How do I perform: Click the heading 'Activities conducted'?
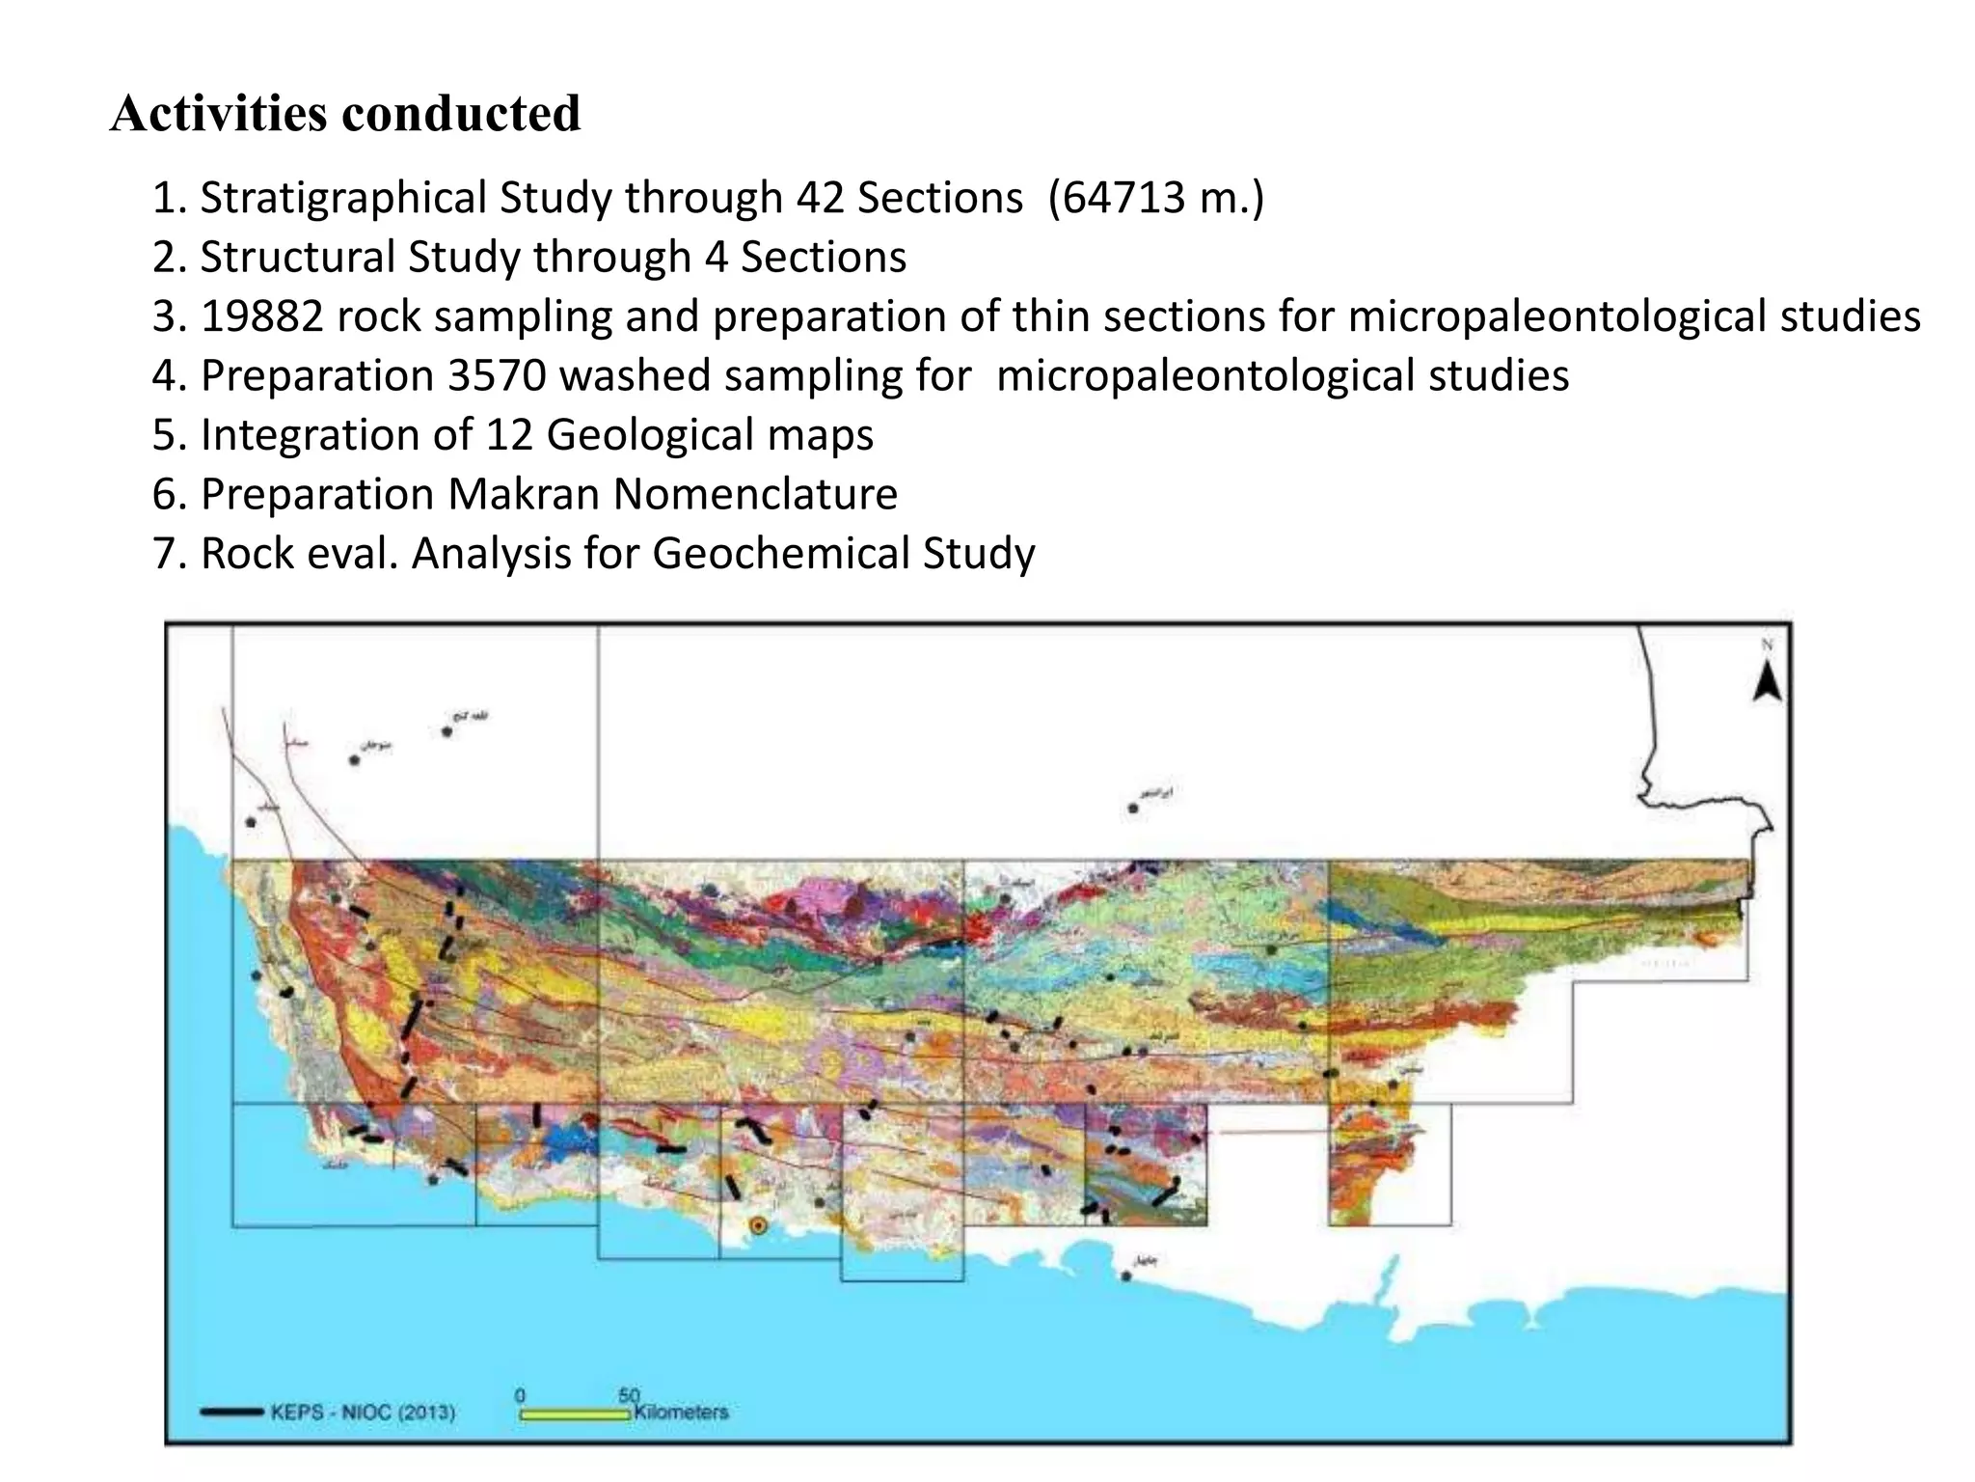[345, 114]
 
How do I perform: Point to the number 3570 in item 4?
[497, 376]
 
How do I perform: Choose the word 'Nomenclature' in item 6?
[755, 495]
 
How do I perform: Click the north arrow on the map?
[1767, 680]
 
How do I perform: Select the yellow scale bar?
[575, 1414]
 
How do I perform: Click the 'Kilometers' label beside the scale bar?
[681, 1412]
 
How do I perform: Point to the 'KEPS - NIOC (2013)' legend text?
[363, 1413]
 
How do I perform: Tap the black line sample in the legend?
[231, 1413]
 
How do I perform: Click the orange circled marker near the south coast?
[758, 1226]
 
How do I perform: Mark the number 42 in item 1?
[819, 199]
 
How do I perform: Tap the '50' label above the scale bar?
[629, 1395]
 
